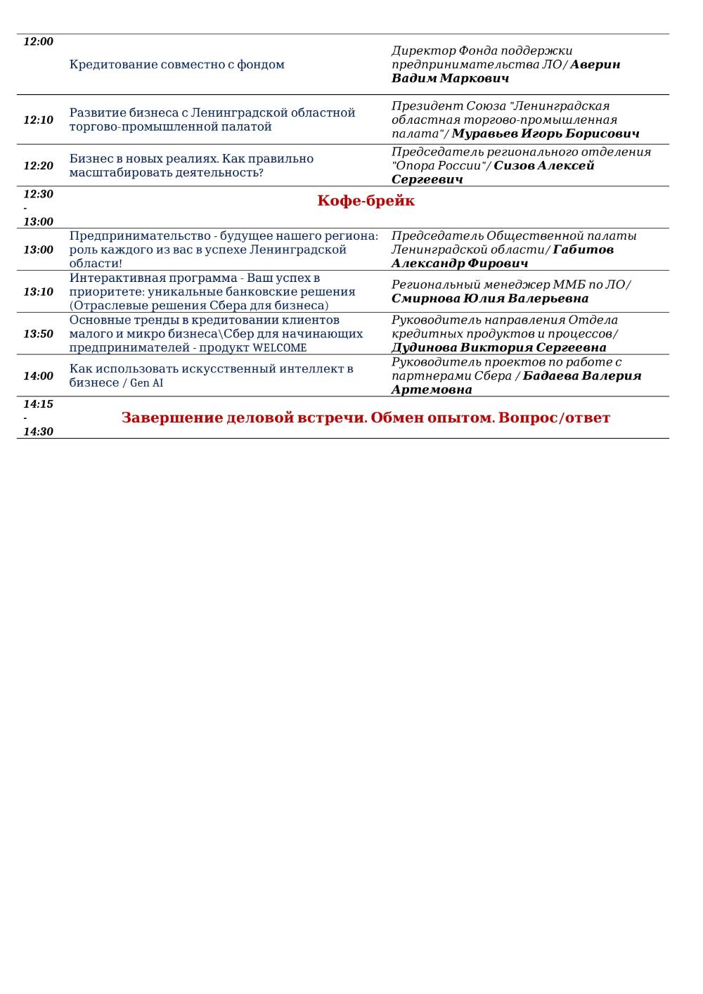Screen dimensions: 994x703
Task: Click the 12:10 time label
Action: pyautogui.click(x=39, y=120)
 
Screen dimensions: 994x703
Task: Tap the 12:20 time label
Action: pyautogui.click(x=39, y=166)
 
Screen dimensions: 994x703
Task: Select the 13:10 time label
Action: pyautogui.click(x=39, y=292)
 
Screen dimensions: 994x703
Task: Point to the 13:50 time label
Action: pyautogui.click(x=39, y=334)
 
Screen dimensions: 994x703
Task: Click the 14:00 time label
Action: pyautogui.click(x=39, y=376)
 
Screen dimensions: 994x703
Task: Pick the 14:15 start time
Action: pyautogui.click(x=39, y=404)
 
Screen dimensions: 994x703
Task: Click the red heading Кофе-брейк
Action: pyautogui.click(x=366, y=201)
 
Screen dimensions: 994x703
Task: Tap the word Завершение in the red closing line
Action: pyautogui.click(x=172, y=418)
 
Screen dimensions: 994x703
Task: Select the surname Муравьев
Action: pyautogui.click(x=484, y=134)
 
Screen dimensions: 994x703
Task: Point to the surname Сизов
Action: pyautogui.click(x=514, y=166)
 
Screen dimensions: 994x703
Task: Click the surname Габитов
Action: pyautogui.click(x=583, y=250)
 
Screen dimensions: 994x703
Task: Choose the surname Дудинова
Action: pyautogui.click(x=424, y=347)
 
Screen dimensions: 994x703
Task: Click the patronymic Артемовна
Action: pyautogui.click(x=432, y=389)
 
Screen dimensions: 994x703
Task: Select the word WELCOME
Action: pyautogui.click(x=280, y=348)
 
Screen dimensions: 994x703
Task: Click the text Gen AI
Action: pyautogui.click(x=147, y=383)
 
